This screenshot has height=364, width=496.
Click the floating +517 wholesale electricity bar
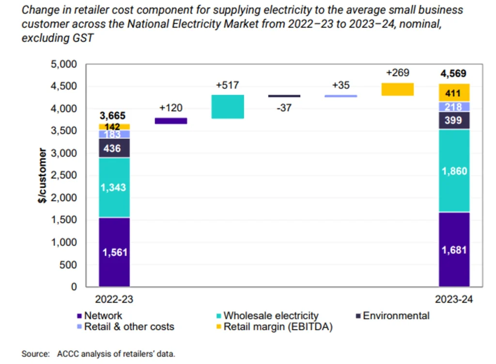[228, 106]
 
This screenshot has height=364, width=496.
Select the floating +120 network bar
[170, 121]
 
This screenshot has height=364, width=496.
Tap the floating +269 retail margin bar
[398, 89]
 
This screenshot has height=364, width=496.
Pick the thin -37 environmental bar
[284, 96]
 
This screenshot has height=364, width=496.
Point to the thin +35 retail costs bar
[341, 96]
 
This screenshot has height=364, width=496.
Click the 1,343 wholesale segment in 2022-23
[114, 187]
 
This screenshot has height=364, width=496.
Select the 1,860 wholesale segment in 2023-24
[454, 170]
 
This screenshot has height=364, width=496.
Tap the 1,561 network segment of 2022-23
[114, 252]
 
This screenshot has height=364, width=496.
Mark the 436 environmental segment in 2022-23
[114, 148]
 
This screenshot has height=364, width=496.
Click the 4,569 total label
[453, 74]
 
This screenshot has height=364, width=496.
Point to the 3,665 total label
[112, 116]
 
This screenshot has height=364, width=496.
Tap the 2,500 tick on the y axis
[65, 175]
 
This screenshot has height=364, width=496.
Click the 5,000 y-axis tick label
[65, 64]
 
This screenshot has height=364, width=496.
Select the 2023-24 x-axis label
[453, 300]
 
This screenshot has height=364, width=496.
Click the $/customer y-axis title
[44, 175]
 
